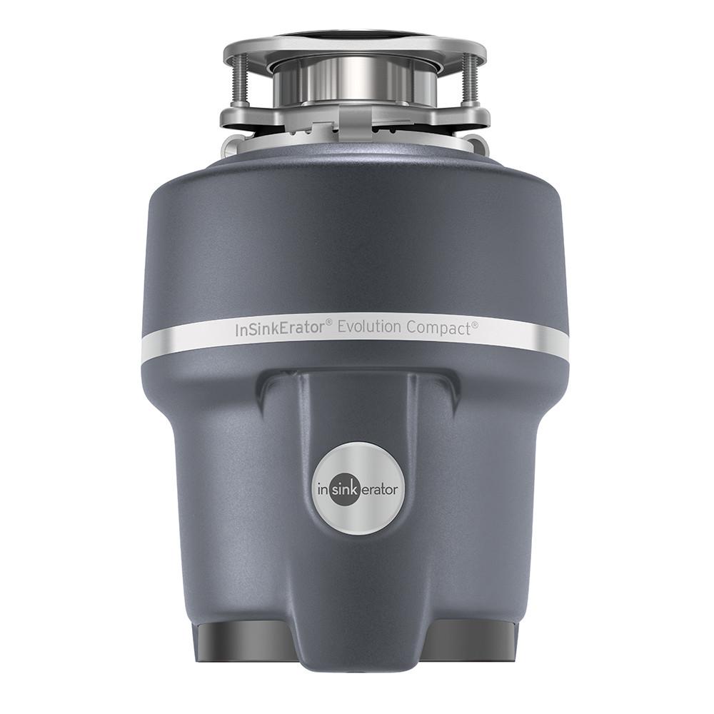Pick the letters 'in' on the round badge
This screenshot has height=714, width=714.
[x=326, y=491]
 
